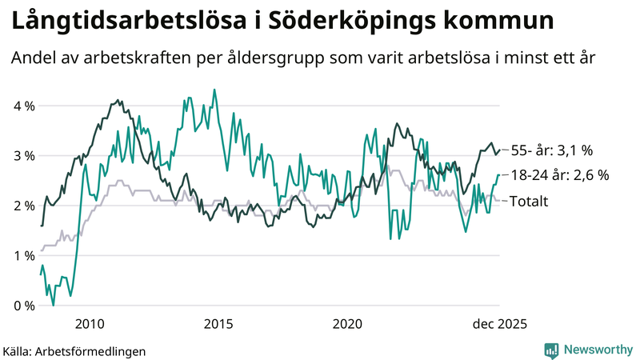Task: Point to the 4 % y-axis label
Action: pyautogui.click(x=23, y=106)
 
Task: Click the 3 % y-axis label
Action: pyautogui.click(x=23, y=156)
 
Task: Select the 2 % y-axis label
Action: pyautogui.click(x=23, y=206)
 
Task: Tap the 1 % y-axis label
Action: pyautogui.click(x=23, y=256)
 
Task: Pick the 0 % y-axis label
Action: pyautogui.click(x=23, y=306)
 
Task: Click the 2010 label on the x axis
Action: pyautogui.click(x=89, y=324)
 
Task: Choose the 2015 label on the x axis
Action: pyautogui.click(x=218, y=324)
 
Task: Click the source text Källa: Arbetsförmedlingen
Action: pyautogui.click(x=74, y=350)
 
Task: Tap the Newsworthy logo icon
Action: pyautogui.click(x=551, y=350)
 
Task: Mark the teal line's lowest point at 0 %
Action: pyautogui.click(x=54, y=305)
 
